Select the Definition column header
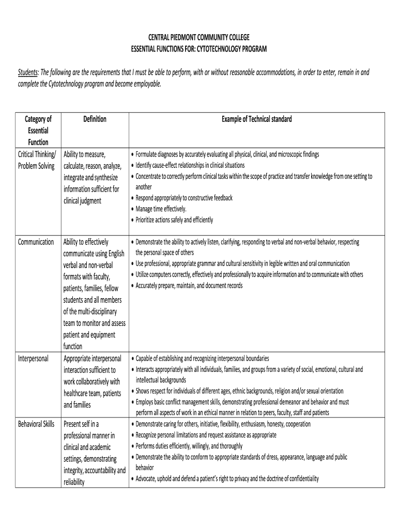click(x=95, y=119)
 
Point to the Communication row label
click(x=36, y=242)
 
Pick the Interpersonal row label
click(x=34, y=359)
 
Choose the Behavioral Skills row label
click(x=36, y=424)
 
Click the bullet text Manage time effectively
click(x=161, y=209)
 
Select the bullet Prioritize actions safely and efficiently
click(x=174, y=220)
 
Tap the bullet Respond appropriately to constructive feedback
click(x=184, y=198)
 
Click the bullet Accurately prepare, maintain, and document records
click(x=189, y=286)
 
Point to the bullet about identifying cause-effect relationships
click(x=190, y=165)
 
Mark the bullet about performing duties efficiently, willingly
click(x=189, y=446)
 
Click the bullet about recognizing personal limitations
click(x=206, y=435)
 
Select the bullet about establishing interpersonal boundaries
click(x=202, y=359)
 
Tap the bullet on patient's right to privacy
click(x=227, y=479)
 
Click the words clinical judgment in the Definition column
click(x=83, y=201)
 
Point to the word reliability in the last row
click(x=74, y=483)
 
